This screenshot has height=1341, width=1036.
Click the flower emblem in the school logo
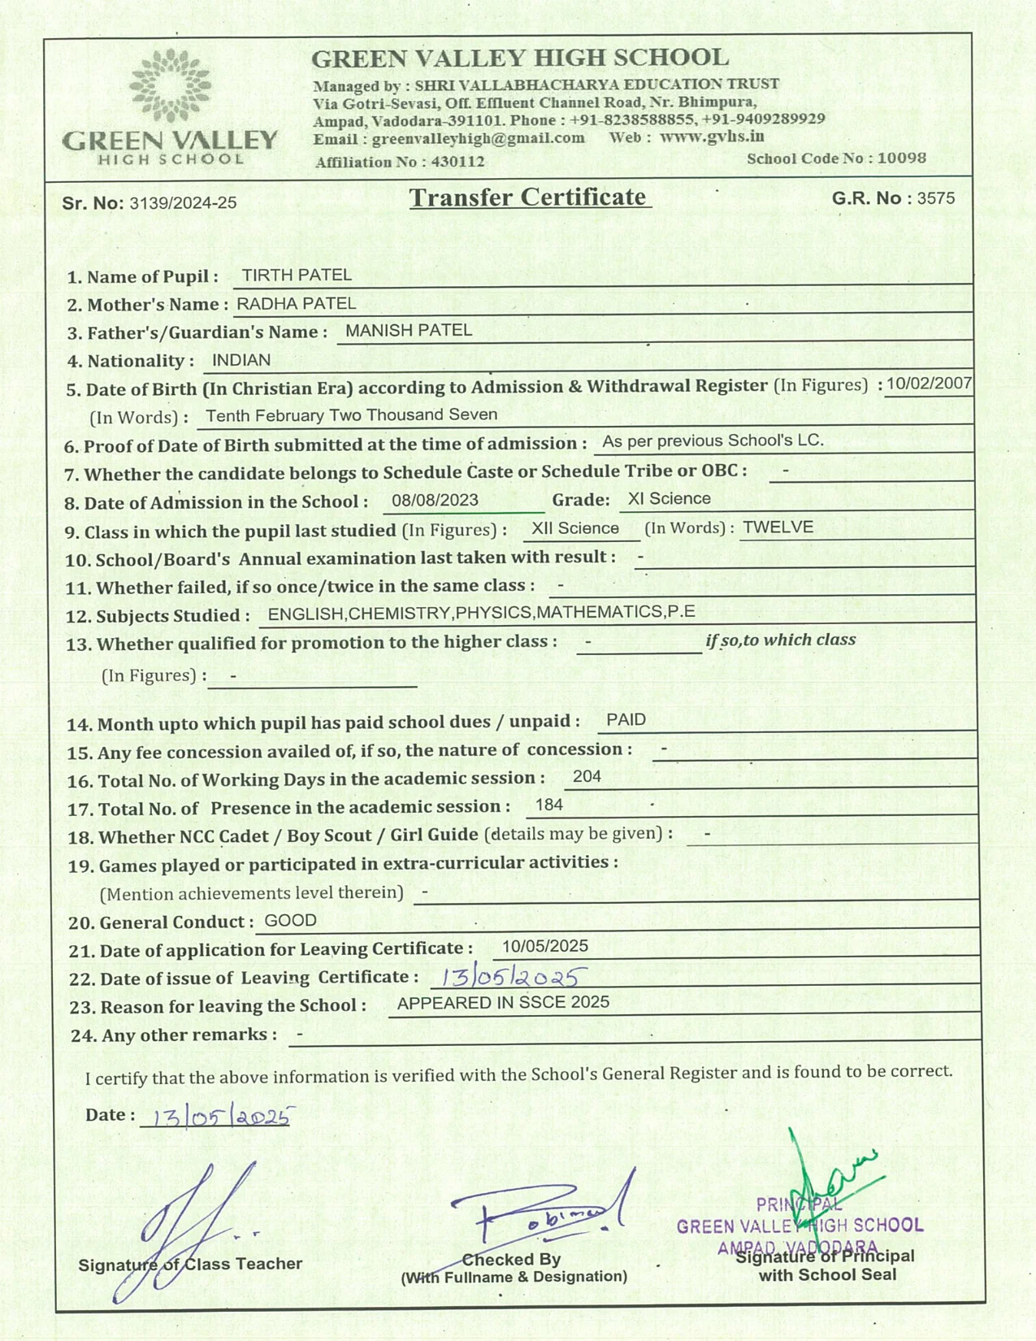(x=170, y=85)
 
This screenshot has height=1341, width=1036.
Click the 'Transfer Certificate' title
(x=528, y=197)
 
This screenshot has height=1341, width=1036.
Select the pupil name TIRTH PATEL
(x=297, y=275)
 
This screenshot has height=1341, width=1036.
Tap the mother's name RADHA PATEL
(x=296, y=303)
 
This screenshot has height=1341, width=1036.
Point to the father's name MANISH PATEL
(x=408, y=330)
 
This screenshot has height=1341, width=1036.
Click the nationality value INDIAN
(x=241, y=359)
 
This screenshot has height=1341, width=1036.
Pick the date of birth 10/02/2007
(x=929, y=384)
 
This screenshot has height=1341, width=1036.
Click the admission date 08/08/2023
(x=435, y=500)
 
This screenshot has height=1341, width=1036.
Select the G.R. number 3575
(x=936, y=198)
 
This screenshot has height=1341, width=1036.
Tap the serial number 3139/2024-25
(x=183, y=203)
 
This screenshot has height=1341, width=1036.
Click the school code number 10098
(x=902, y=158)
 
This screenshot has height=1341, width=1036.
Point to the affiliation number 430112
(x=457, y=162)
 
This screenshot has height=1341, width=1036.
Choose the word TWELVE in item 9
(x=778, y=527)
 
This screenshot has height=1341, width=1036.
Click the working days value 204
(x=587, y=776)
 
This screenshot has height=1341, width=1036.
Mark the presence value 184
(x=549, y=805)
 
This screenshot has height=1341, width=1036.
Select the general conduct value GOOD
(x=291, y=920)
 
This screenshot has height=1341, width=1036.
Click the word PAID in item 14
(x=626, y=719)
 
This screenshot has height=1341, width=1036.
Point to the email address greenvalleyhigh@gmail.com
(x=479, y=138)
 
